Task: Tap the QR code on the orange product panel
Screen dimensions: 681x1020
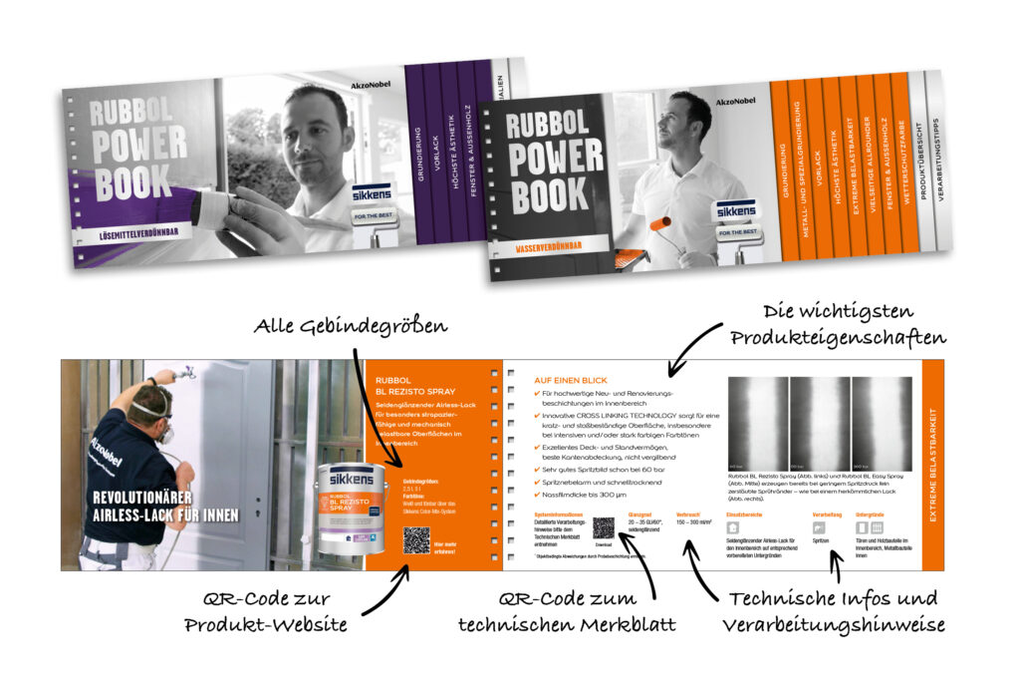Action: click(x=416, y=539)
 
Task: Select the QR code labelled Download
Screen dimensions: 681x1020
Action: click(x=604, y=528)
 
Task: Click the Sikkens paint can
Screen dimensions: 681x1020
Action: click(x=351, y=509)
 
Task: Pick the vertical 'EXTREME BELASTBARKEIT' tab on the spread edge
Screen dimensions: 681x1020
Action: click(x=931, y=465)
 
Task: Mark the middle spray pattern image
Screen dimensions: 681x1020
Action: click(x=820, y=423)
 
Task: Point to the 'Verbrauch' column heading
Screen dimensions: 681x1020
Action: click(x=689, y=515)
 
